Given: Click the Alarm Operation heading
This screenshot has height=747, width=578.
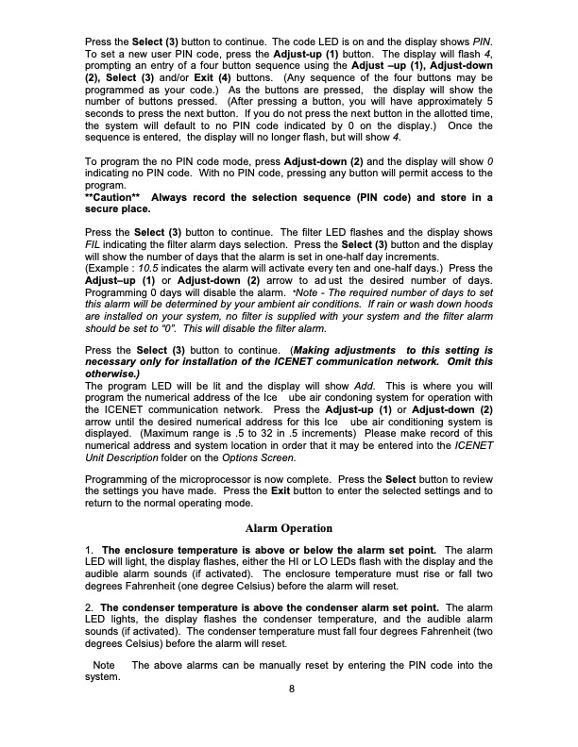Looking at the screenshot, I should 289,527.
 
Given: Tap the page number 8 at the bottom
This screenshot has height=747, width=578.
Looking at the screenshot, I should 292,687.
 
